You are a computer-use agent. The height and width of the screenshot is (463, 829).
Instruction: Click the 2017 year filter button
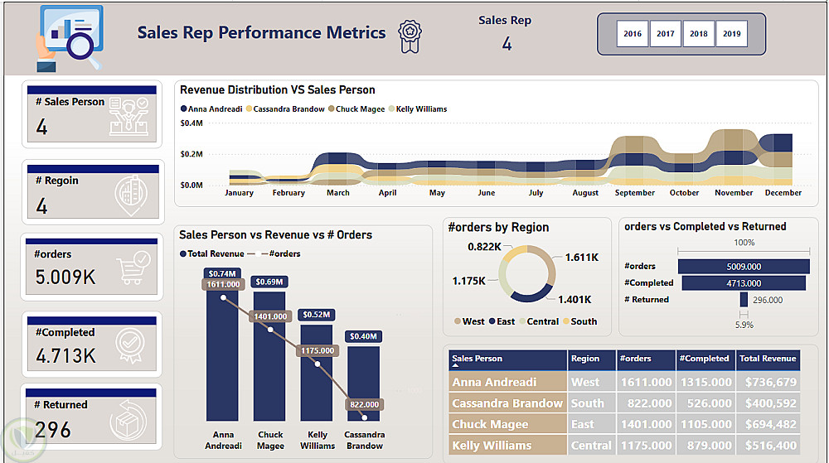(666, 34)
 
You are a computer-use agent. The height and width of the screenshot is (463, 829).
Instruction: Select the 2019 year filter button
(732, 34)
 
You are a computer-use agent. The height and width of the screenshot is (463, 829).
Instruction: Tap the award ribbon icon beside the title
(409, 36)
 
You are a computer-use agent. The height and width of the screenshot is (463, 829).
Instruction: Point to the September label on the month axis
(635, 193)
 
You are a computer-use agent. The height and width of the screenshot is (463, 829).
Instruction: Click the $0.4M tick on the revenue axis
(191, 123)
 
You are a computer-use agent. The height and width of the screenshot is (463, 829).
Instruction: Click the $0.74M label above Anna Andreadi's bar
(222, 273)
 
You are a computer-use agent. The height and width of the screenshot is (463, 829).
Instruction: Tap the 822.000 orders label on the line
(365, 404)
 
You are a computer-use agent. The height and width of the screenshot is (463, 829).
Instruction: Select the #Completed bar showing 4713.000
(742, 282)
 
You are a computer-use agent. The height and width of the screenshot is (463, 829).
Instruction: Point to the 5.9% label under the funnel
(744, 326)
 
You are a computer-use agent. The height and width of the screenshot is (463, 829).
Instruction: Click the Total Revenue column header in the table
(768, 359)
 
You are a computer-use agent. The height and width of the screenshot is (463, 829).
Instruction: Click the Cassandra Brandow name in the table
(507, 403)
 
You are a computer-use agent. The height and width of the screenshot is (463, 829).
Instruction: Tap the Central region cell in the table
(591, 446)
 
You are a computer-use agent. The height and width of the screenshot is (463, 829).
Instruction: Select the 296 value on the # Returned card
(54, 429)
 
